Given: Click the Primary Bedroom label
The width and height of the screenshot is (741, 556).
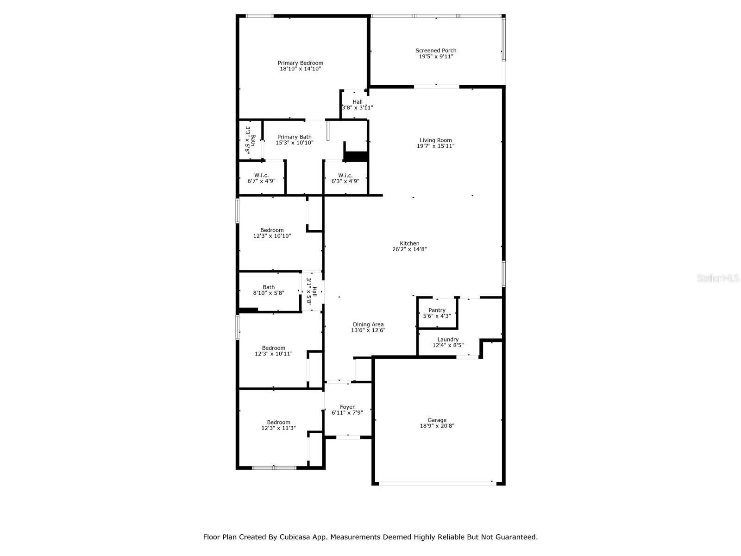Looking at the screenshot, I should pyautogui.click(x=300, y=63).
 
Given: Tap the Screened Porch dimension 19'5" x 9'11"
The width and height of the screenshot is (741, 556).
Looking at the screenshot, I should pyautogui.click(x=435, y=57).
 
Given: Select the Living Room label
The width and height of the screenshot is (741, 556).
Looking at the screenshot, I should pyautogui.click(x=435, y=140).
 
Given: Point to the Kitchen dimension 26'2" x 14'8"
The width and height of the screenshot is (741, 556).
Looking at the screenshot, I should pyautogui.click(x=409, y=249).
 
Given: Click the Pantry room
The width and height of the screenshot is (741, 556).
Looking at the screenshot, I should pyautogui.click(x=437, y=313).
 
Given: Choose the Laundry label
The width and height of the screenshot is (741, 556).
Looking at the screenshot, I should pyautogui.click(x=447, y=339).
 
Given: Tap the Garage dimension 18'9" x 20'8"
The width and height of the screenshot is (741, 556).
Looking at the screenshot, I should pyautogui.click(x=437, y=426).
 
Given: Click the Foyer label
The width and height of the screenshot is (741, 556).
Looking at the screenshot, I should pyautogui.click(x=347, y=407).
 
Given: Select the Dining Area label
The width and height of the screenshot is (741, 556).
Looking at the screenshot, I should pyautogui.click(x=368, y=324).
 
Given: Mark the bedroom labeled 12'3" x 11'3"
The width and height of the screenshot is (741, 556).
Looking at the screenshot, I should pyautogui.click(x=278, y=425).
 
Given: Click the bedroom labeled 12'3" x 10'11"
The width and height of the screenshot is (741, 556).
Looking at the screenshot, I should pyautogui.click(x=273, y=351).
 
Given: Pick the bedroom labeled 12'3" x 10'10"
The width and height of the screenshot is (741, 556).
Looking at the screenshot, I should pyautogui.click(x=272, y=233).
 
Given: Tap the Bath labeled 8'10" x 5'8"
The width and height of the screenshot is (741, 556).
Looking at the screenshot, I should pyautogui.click(x=269, y=290).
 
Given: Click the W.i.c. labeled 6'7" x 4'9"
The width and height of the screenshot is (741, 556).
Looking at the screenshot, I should pyautogui.click(x=261, y=178).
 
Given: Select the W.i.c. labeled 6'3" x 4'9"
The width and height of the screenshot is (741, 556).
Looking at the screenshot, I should pyautogui.click(x=345, y=178).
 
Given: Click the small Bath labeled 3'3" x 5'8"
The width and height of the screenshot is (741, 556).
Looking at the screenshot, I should pyautogui.click(x=250, y=140).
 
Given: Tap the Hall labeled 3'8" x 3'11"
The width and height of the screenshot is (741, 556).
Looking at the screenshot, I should pyautogui.click(x=357, y=105).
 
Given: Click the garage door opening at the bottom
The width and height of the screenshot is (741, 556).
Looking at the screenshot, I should pyautogui.click(x=437, y=483).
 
